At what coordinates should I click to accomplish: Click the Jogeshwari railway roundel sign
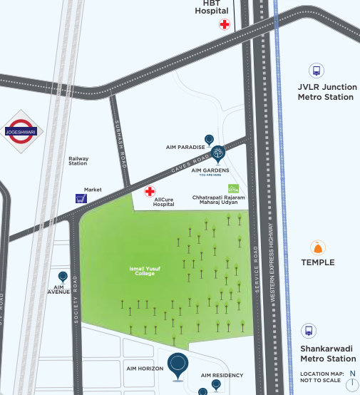(x=24, y=131)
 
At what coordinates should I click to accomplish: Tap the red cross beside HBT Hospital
(x=225, y=24)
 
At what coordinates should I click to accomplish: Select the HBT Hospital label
(x=212, y=7)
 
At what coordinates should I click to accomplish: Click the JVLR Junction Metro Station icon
(x=316, y=71)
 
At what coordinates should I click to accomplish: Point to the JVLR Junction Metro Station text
(x=326, y=92)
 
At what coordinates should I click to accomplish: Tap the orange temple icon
(x=317, y=248)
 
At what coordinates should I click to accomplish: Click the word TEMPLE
(x=317, y=262)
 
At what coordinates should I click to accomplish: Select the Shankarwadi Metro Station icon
(x=309, y=331)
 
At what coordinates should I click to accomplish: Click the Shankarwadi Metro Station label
(x=327, y=354)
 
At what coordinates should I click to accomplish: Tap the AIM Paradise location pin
(x=209, y=140)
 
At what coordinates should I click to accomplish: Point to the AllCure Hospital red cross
(x=150, y=191)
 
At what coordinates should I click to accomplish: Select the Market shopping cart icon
(x=81, y=199)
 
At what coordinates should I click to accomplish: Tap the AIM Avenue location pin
(x=63, y=277)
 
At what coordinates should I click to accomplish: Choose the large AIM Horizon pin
(x=178, y=364)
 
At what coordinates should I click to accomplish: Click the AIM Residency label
(x=222, y=375)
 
